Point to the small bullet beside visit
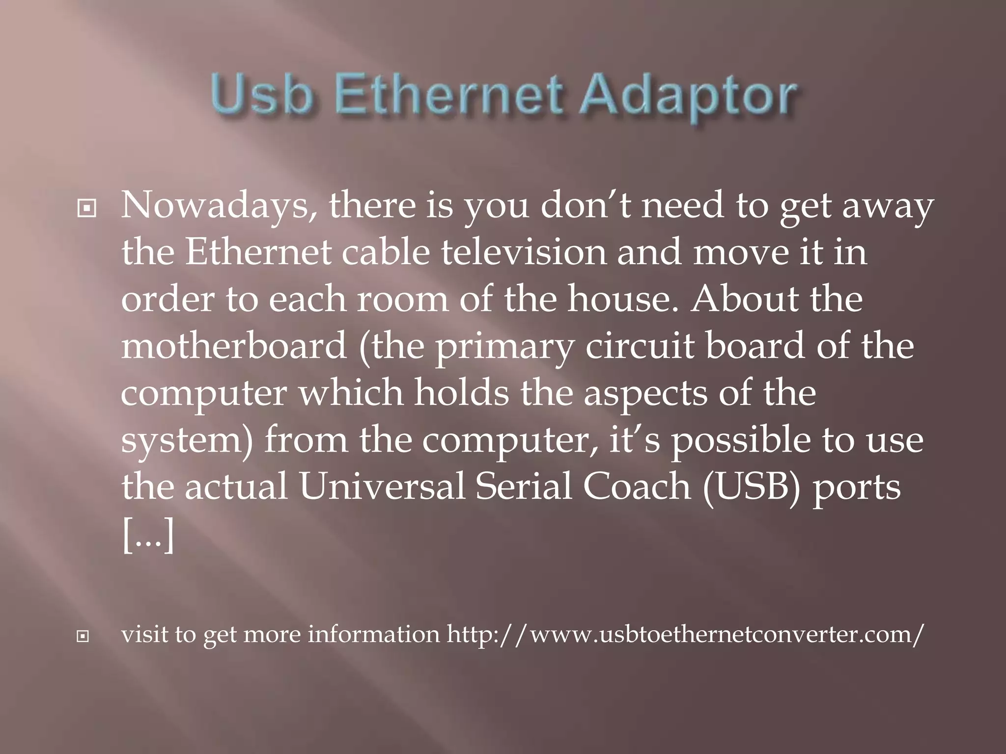(83, 637)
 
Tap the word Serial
(524, 486)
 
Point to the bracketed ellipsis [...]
(148, 535)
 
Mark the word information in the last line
(374, 634)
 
